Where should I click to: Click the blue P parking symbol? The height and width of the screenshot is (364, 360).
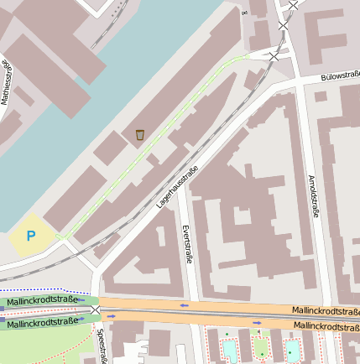click(31, 236)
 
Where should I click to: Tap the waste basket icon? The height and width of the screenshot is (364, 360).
click(140, 134)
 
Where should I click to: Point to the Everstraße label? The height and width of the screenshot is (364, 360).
click(188, 244)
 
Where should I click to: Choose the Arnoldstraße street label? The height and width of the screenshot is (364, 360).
click(315, 198)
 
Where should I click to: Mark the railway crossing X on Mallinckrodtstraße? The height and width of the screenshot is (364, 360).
click(96, 311)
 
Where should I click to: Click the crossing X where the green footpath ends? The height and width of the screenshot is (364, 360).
click(274, 55)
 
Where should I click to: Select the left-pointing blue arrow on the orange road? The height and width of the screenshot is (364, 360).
click(185, 305)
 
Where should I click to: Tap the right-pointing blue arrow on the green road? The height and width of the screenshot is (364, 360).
click(110, 317)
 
